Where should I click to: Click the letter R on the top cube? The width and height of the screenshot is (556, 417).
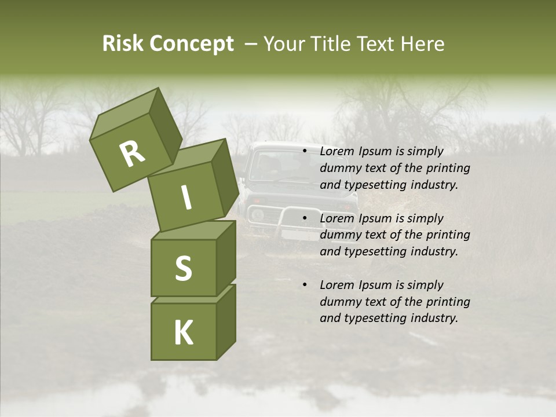132,154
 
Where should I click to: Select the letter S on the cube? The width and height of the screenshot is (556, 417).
183,268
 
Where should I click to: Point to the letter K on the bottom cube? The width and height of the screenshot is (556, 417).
183,333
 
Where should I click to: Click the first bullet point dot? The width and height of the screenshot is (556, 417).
305,151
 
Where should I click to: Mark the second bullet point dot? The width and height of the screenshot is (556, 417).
305,218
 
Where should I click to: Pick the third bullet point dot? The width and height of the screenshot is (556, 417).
305,285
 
